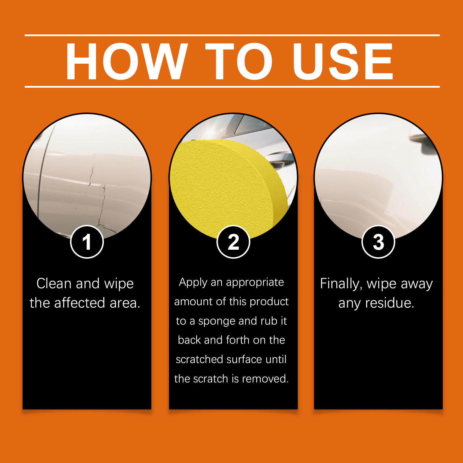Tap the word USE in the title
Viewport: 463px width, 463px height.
pos(343,61)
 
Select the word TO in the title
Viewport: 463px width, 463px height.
pos(239,61)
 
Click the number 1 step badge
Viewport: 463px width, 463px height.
pos(87,242)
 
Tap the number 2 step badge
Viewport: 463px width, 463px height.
pos(233,242)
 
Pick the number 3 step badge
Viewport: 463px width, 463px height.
pos(378,242)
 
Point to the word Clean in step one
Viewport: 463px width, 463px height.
pos(54,283)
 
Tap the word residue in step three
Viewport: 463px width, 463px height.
pos(389,303)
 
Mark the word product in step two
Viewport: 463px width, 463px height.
pos(269,302)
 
